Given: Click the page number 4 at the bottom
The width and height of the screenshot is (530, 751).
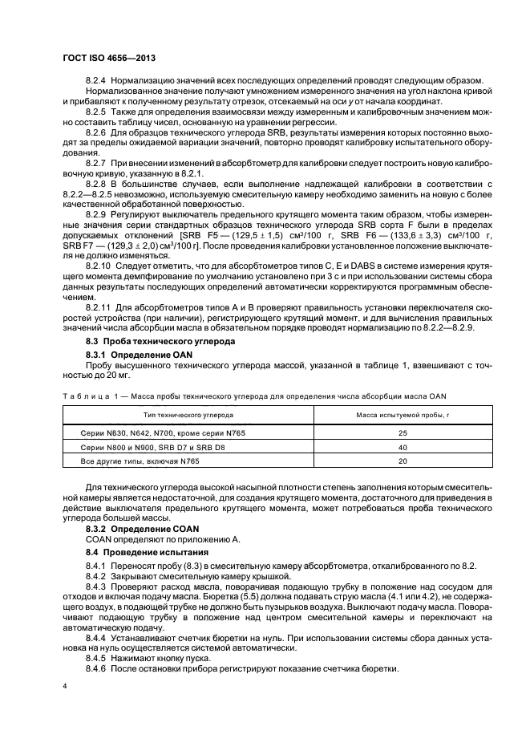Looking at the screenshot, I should click(65, 686).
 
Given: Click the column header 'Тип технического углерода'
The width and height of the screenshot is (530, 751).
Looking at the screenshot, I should click(188, 416).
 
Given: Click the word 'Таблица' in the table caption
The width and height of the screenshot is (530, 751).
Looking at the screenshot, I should click(84, 396).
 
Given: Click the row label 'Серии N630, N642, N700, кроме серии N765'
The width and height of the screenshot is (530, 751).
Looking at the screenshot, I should click(149, 432).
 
